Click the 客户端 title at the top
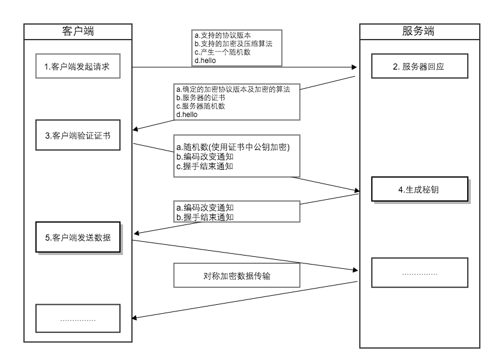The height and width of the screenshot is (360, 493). click(x=77, y=31)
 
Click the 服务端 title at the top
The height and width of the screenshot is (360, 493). click(x=418, y=31)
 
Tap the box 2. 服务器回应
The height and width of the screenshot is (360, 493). click(x=418, y=67)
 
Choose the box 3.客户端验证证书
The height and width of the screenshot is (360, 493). click(x=77, y=136)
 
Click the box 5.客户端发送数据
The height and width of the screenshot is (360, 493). click(x=77, y=237)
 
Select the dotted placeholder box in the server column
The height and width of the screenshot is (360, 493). click(x=418, y=273)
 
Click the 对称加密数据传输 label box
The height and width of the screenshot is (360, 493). click(x=236, y=276)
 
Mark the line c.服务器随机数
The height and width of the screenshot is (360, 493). click(x=201, y=106)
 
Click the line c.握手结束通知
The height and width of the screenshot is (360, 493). click(x=205, y=166)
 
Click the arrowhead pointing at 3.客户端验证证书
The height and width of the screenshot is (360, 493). click(x=136, y=128)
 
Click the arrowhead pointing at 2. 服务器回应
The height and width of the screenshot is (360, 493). click(x=355, y=68)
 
